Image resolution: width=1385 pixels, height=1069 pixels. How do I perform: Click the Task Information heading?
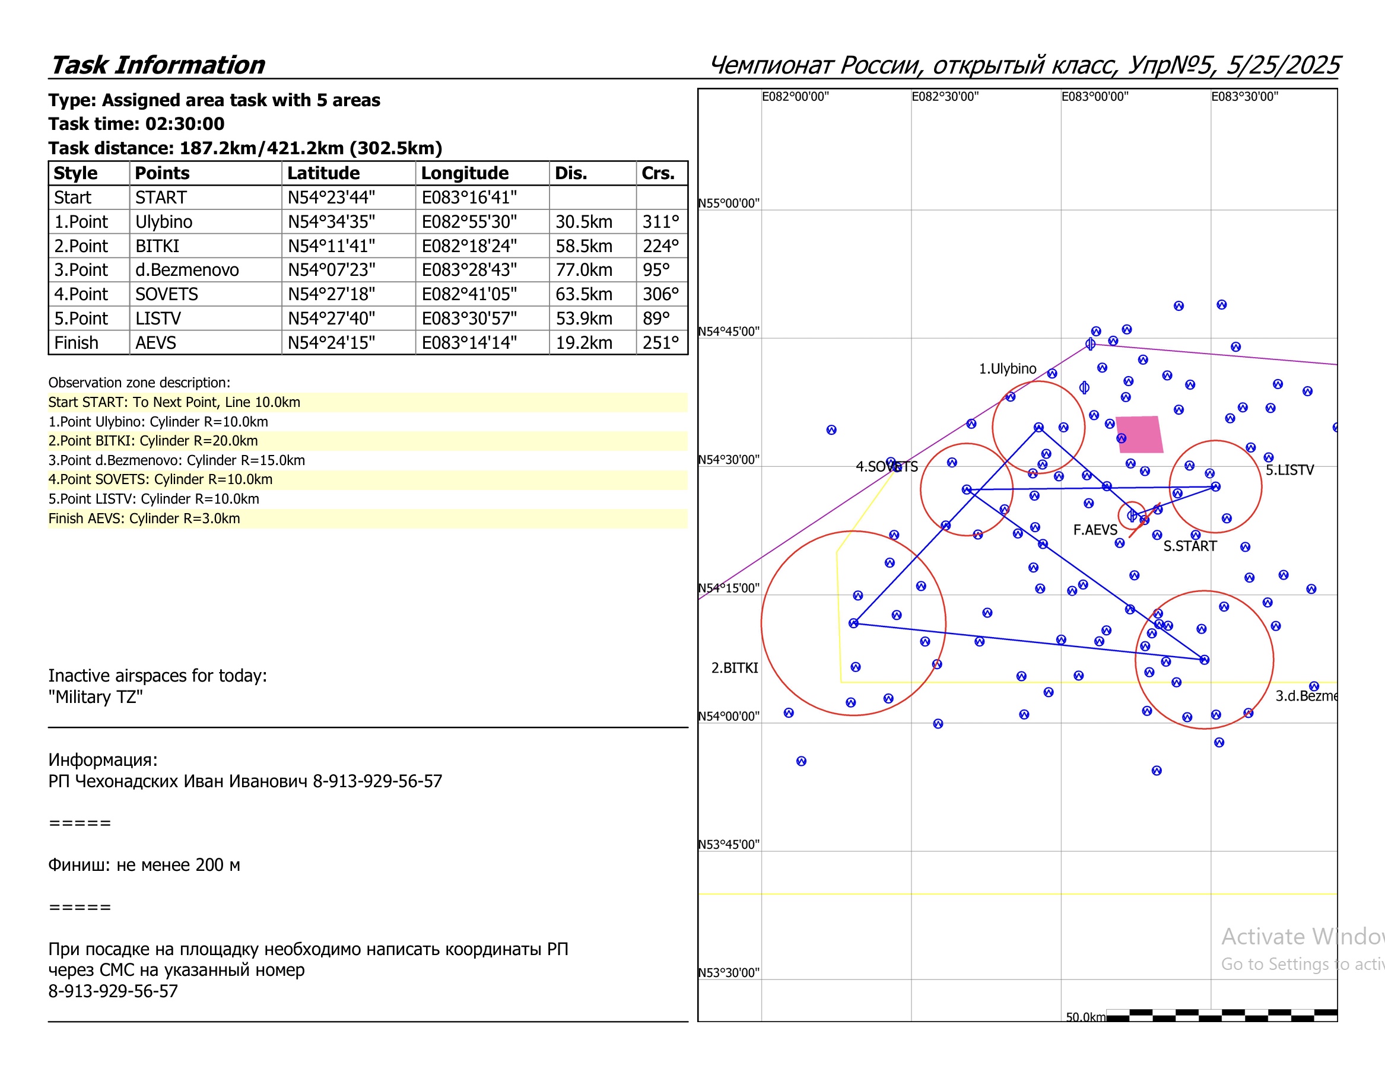point(158,65)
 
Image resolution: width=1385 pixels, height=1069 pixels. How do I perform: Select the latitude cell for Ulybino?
point(331,222)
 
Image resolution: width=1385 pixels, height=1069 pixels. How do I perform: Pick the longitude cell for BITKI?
point(469,246)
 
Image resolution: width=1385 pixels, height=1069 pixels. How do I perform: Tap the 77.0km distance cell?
point(583,270)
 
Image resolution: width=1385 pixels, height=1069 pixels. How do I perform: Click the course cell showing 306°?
point(660,294)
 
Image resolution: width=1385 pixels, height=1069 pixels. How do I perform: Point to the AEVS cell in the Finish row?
point(156,343)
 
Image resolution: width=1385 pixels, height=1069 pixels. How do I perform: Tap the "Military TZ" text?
point(96,697)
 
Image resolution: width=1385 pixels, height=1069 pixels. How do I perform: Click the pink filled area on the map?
point(1139,434)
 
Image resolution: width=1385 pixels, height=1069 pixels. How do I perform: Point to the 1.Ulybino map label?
point(1007,368)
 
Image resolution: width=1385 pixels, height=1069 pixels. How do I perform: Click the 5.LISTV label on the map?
point(1289,470)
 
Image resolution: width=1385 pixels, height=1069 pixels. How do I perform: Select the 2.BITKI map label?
point(735,667)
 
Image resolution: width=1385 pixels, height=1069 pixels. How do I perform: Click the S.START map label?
point(1190,546)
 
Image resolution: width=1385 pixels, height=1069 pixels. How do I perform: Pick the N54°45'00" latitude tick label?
point(729,332)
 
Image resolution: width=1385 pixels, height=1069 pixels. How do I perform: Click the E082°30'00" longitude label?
point(945,96)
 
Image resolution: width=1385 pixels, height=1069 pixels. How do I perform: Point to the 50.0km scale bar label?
point(1085,1017)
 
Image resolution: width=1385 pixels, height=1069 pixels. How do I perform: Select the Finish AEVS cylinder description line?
point(145,518)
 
